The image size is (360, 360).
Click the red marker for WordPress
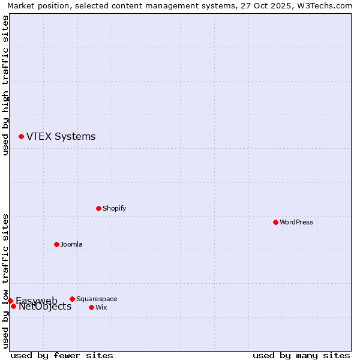tap(275, 222)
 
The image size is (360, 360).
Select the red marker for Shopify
tap(98, 208)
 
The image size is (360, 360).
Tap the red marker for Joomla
tap(56, 244)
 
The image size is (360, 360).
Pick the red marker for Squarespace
tap(72, 299)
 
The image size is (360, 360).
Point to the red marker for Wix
tap(91, 307)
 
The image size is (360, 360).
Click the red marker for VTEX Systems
tap(21, 136)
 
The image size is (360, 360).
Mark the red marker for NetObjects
tap(13, 306)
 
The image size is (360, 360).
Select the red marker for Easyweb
tap(10, 301)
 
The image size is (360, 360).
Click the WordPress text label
tap(296, 222)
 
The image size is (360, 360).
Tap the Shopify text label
tap(115, 208)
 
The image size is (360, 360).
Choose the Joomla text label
tap(71, 244)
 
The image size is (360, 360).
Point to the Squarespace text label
tap(97, 299)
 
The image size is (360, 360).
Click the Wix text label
tap(101, 307)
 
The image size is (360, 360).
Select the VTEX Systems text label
tap(61, 136)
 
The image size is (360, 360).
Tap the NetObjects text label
tap(45, 307)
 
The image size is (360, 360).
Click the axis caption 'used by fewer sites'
tap(62, 355)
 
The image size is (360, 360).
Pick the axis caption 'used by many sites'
tap(301, 355)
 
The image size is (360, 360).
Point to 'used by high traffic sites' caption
tap(5, 85)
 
